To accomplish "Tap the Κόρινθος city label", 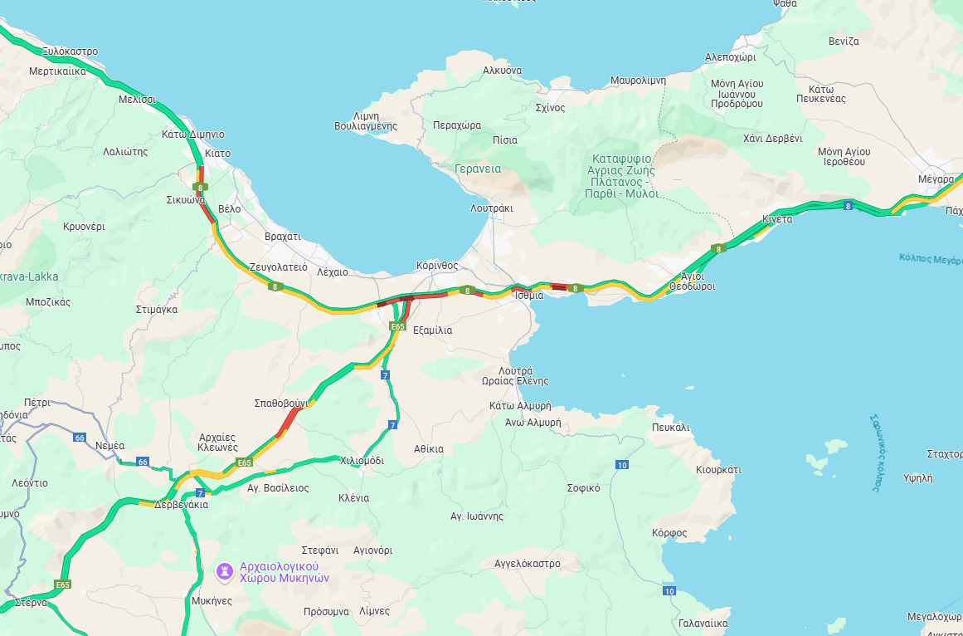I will pos(437,266).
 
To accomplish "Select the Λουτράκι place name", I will pos(492,208).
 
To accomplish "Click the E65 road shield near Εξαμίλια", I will pos(397,327).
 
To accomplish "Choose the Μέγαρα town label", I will pos(936,179).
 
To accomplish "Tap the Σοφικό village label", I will pos(583,488).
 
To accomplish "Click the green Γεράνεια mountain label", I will pos(478,169).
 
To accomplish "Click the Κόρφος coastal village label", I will pos(669,532).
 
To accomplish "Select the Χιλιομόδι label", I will pos(362,460).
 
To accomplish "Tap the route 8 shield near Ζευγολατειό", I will pos(274,286).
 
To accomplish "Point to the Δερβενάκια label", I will pos(181,505).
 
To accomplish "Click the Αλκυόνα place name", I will pos(502,71).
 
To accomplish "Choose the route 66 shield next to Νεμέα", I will pos(143,462).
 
